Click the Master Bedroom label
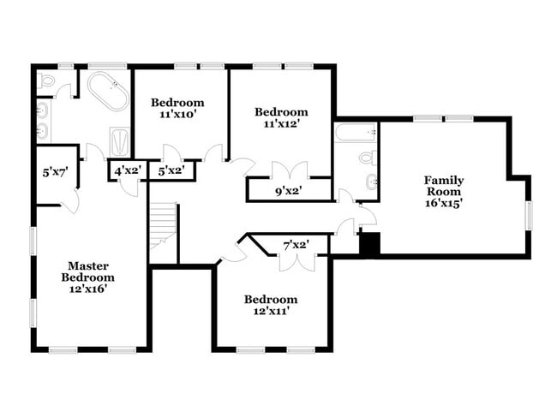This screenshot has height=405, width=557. (x=87, y=271)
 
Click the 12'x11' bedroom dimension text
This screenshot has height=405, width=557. (x=270, y=311)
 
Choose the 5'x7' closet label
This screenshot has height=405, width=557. (x=55, y=172)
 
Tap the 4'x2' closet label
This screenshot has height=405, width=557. (x=128, y=170)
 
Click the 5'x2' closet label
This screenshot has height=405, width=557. (x=171, y=170)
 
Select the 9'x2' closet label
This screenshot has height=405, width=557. (x=287, y=190)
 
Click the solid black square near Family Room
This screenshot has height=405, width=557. (x=368, y=243)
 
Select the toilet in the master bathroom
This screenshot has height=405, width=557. (x=47, y=81)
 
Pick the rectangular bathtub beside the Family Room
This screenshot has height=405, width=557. (x=355, y=133)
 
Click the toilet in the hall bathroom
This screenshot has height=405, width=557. (x=366, y=158)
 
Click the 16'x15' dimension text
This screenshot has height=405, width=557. (x=444, y=204)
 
